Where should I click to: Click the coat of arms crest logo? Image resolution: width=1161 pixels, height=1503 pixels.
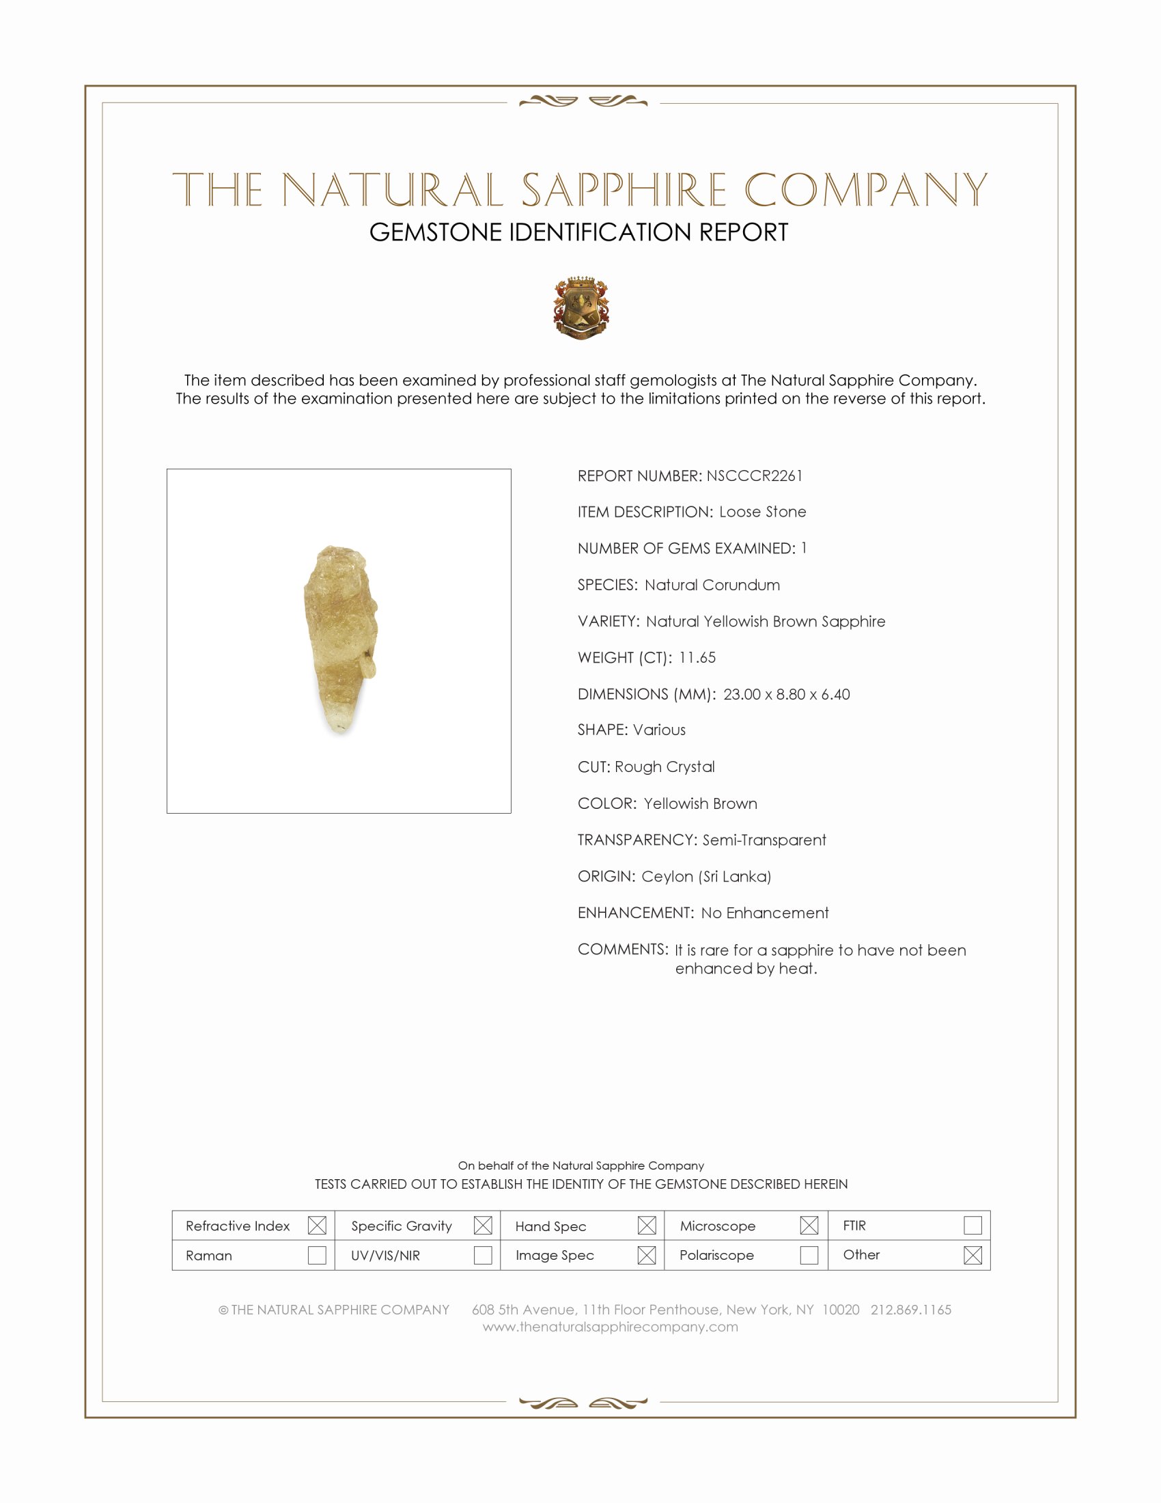tap(581, 307)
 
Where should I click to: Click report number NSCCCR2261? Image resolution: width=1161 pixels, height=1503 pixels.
tap(754, 475)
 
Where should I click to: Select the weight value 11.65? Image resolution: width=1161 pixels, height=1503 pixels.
tap(697, 657)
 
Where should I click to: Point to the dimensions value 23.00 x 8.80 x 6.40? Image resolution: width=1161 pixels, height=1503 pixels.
tap(786, 693)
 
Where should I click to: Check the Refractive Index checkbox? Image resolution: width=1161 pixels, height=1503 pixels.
tap(317, 1225)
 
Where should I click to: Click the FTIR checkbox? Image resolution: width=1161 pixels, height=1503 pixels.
tap(973, 1225)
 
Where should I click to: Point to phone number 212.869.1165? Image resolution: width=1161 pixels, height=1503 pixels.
tap(910, 1309)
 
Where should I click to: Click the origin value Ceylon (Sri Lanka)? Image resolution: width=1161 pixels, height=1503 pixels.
tap(705, 876)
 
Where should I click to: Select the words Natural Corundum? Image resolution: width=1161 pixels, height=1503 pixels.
tap(712, 585)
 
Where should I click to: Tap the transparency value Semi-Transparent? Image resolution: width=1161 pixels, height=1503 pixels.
tap(764, 840)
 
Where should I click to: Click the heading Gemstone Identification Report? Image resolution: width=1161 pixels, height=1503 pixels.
tap(578, 232)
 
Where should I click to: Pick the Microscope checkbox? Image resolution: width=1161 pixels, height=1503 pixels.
tap(809, 1225)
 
